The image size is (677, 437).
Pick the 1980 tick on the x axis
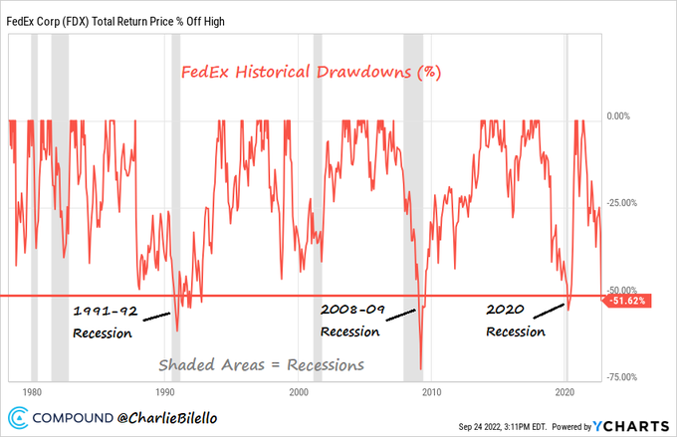point(31,392)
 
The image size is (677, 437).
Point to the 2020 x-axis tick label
point(566,392)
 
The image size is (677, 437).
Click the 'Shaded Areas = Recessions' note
point(259,364)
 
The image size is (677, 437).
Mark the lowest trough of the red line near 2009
point(421,369)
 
